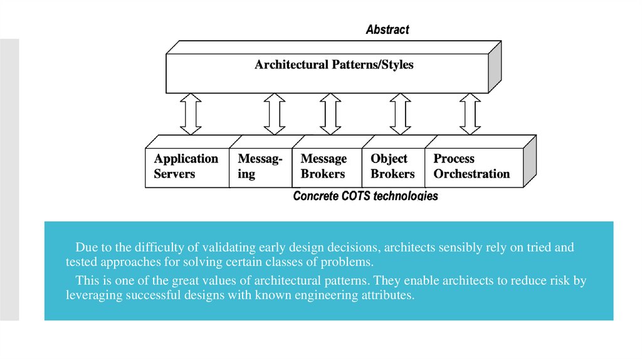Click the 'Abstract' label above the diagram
click(387, 29)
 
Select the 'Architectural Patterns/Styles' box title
click(334, 65)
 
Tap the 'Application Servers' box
click(186, 167)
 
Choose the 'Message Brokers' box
click(324, 167)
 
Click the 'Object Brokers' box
click(392, 167)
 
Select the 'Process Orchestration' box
click(472, 167)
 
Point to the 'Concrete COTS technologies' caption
click(366, 196)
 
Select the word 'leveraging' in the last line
click(94, 295)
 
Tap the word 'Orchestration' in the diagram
click(472, 174)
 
